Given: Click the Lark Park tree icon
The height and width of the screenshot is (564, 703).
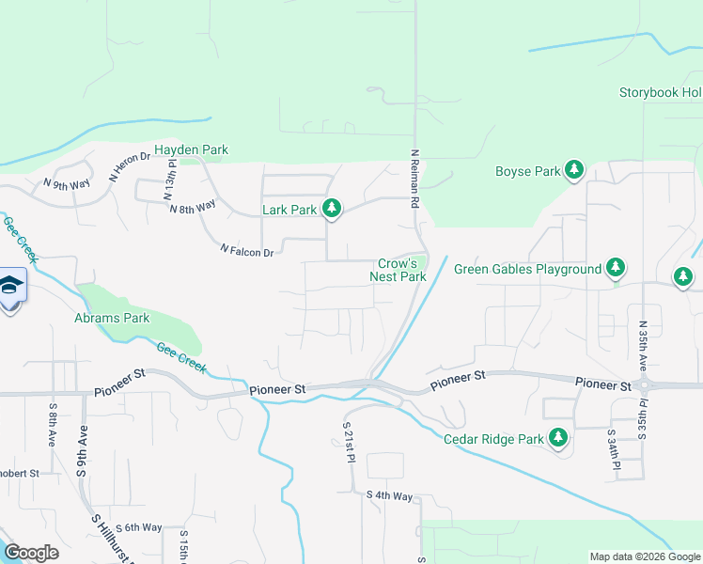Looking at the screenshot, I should click(331, 209).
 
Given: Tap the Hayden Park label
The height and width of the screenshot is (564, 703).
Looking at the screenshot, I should click(191, 149).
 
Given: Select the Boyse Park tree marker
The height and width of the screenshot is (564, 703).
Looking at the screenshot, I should click(574, 170).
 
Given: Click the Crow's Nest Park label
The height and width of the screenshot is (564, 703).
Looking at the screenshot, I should click(402, 271).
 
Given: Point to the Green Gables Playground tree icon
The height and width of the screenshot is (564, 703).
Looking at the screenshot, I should click(616, 268).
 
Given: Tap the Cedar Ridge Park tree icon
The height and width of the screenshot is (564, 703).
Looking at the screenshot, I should click(558, 437).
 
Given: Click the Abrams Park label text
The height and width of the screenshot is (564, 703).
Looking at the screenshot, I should click(113, 318).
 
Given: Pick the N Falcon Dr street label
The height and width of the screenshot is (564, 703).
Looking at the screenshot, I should click(246, 252).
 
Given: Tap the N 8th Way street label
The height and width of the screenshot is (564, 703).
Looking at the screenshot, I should click(193, 205).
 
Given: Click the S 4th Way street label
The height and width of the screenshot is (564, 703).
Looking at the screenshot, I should click(390, 495).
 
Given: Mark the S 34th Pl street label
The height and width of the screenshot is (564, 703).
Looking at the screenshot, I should click(617, 457).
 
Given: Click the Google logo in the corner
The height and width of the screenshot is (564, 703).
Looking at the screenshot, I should click(31, 552).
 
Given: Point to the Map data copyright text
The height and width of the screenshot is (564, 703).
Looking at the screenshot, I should click(644, 556).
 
